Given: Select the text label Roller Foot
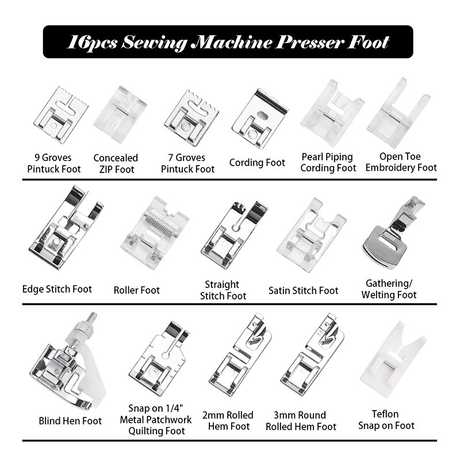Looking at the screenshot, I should (137, 290).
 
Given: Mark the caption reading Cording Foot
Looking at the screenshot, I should (257, 163).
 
